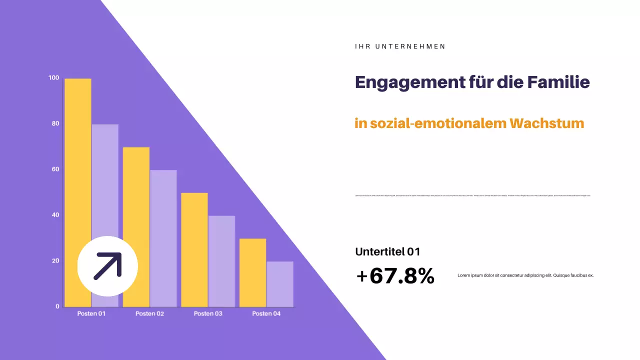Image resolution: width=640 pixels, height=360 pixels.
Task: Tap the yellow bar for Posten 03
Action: [x=194, y=249]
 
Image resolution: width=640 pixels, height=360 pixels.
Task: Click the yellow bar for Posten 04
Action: [x=252, y=272]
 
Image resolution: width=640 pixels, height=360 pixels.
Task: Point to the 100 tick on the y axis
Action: [x=53, y=78]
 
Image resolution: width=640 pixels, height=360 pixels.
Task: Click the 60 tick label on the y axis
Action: [x=55, y=169]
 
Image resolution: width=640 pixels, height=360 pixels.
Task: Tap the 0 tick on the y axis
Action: [x=57, y=306]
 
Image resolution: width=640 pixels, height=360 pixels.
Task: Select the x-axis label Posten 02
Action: [x=149, y=314]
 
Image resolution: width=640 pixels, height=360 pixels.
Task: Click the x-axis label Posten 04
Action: [x=266, y=314]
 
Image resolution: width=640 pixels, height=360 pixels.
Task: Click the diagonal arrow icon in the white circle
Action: [x=107, y=266]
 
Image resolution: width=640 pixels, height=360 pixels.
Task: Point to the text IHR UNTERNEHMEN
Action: [x=400, y=46]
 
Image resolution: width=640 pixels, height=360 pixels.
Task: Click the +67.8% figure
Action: [x=395, y=276]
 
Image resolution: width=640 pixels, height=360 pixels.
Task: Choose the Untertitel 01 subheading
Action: [x=387, y=252]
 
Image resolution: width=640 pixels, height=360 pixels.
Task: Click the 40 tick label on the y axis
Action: [x=55, y=215]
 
